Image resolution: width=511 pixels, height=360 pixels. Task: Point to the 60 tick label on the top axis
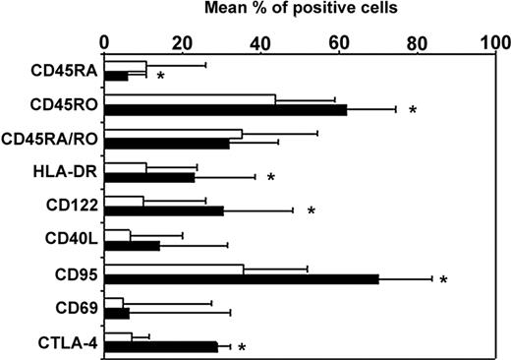[338, 42]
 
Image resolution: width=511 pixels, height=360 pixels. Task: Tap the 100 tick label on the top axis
[494, 42]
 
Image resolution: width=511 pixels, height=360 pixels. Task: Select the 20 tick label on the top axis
[183, 42]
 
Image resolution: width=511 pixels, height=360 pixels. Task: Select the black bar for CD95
[242, 279]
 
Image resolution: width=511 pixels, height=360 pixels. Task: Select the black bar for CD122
[164, 210]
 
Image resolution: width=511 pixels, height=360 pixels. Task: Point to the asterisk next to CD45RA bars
[159, 77]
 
